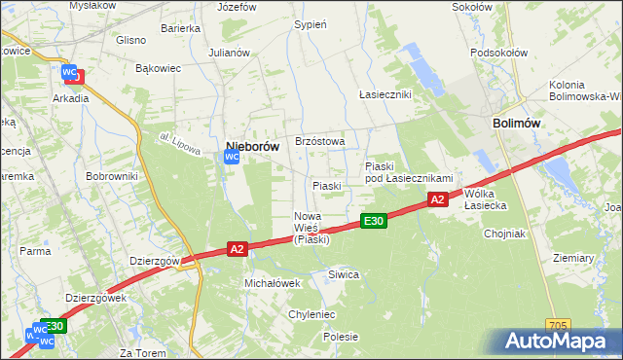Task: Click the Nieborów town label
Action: pos(252,146)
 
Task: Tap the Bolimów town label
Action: pos(516,124)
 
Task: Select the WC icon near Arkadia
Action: pos(71,73)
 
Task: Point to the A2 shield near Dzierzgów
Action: pos(237,249)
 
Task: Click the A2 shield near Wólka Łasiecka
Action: pos(437,199)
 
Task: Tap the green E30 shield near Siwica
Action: pos(374,221)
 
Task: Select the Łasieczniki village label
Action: pos(385,94)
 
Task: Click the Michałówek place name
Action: pos(272,282)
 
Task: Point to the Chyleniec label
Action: pos(311,314)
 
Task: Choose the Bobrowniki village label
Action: pos(115,176)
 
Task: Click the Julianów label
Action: pos(230,53)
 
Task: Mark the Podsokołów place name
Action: pos(497,53)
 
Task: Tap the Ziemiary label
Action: pos(572,258)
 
